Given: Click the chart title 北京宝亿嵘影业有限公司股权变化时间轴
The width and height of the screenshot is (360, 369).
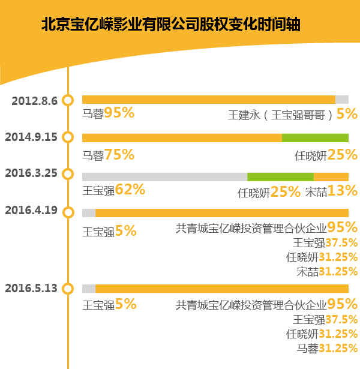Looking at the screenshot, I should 171,25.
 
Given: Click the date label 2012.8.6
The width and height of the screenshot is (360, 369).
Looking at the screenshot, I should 34,100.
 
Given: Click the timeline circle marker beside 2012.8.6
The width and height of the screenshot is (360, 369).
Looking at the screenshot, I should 68,100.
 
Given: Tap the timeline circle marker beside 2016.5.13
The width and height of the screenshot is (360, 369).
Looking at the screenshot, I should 68,289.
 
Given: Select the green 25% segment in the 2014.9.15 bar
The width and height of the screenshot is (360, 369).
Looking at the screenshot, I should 315,138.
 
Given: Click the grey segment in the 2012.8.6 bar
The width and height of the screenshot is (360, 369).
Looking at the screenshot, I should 341,100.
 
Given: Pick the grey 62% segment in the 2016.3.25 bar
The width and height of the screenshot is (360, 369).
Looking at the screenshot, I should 164,176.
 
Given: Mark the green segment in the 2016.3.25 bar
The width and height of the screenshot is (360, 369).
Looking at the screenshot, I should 280,176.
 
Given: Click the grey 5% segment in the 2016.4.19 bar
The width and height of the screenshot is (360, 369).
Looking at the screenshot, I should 89,212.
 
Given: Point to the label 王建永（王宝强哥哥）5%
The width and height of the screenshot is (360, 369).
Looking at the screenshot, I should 293,114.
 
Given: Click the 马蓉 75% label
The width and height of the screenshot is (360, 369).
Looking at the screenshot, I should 108,155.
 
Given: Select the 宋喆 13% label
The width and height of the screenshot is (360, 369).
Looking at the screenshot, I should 331,192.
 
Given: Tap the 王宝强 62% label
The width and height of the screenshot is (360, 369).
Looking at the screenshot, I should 113,190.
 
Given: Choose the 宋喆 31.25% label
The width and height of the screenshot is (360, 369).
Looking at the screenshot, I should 327,271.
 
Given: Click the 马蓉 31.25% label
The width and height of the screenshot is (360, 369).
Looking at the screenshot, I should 327,348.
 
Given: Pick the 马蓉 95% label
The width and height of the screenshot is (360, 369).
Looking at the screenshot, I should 108,113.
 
